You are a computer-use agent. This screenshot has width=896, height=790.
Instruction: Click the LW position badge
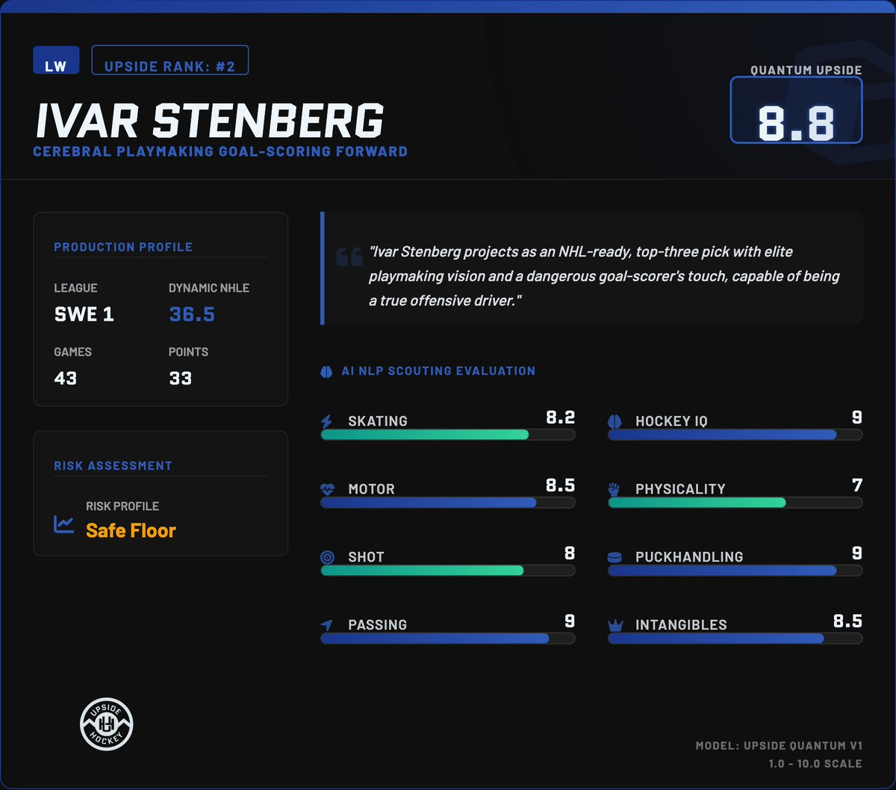tap(56, 60)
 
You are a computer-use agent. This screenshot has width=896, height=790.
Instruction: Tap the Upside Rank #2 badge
tap(169, 60)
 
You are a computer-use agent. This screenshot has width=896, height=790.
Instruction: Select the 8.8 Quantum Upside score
tap(796, 123)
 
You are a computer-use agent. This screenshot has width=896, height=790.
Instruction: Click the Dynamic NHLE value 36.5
tap(192, 314)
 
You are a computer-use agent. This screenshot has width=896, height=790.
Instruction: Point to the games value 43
tap(66, 378)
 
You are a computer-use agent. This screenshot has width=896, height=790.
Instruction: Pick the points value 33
tap(181, 378)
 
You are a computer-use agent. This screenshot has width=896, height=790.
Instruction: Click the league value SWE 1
tap(84, 314)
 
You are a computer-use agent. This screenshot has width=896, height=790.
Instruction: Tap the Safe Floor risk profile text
tap(131, 530)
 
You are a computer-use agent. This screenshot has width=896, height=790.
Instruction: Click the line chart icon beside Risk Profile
tap(63, 524)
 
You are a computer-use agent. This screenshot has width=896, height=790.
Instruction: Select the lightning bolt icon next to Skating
tap(327, 421)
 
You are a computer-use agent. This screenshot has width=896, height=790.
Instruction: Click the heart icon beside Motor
tap(327, 489)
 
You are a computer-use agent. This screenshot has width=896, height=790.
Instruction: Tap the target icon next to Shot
tap(327, 557)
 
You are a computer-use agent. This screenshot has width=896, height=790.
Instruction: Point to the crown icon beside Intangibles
tap(615, 625)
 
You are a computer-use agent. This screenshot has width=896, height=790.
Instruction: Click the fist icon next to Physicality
tap(614, 489)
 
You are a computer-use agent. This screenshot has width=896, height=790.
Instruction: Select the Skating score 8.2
tap(560, 417)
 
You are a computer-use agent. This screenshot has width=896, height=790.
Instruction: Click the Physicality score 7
tap(857, 485)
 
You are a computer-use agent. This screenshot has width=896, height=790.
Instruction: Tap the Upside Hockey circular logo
tap(107, 724)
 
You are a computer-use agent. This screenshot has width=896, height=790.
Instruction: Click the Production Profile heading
tap(123, 247)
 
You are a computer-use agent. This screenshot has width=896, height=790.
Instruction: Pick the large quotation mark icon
tap(349, 257)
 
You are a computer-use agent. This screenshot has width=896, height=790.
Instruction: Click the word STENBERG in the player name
tap(268, 120)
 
